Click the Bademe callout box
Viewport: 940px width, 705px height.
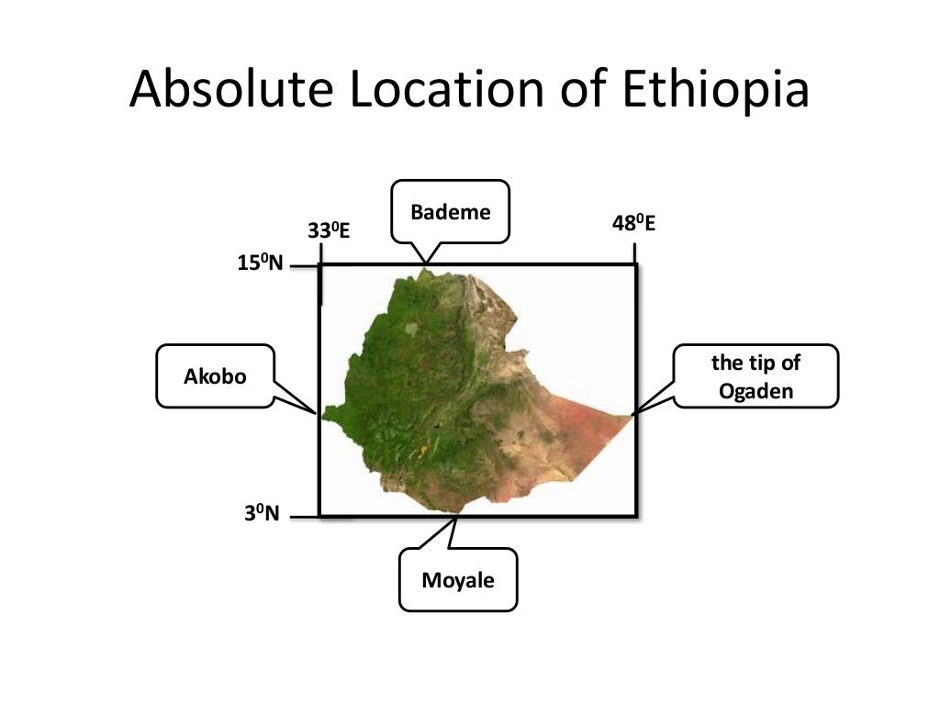451,212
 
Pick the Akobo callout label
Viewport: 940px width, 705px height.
216,375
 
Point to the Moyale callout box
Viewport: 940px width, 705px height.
458,580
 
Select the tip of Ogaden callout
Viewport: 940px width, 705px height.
755,376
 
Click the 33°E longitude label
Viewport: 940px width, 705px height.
329,230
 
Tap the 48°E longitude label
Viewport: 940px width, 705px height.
633,223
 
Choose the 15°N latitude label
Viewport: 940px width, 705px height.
261,264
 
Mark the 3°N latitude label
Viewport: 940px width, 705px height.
261,513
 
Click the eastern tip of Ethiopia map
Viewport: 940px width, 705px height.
631,415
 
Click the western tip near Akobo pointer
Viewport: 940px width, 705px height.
322,414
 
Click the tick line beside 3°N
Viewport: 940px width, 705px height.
303,517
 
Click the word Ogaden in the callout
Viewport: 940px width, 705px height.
755,390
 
